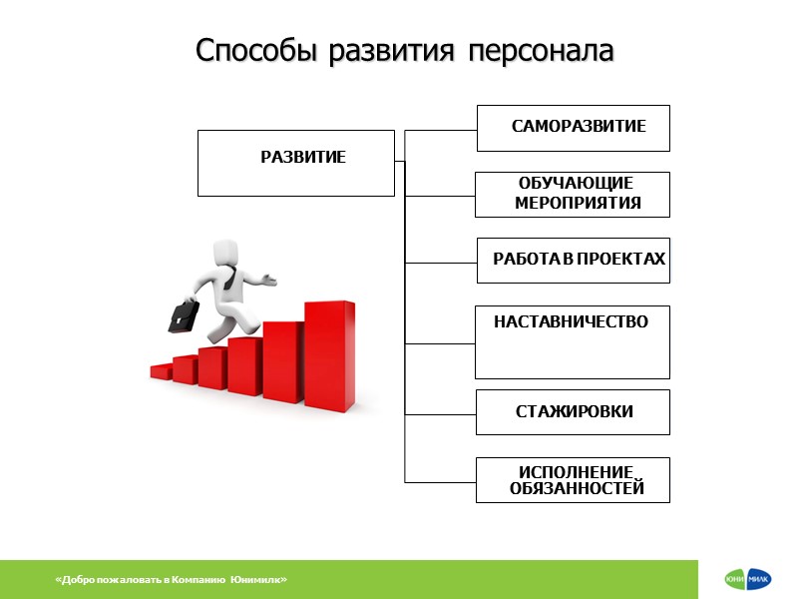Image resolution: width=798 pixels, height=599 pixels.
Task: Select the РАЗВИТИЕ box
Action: (295, 163)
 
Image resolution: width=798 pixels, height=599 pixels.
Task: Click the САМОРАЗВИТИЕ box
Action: (573, 128)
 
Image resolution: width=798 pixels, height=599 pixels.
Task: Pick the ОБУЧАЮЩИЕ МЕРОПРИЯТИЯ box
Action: (573, 194)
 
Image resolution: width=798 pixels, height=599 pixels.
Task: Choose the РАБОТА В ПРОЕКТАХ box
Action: (573, 260)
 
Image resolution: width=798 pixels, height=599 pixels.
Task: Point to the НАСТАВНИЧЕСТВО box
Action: (573, 341)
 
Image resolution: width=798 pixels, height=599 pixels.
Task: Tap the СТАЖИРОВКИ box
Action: (573, 411)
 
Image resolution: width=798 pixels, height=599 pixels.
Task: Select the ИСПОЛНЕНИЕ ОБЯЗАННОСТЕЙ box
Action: (573, 479)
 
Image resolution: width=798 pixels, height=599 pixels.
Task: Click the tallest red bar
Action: (328, 354)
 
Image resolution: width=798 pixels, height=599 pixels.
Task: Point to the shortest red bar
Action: (162, 371)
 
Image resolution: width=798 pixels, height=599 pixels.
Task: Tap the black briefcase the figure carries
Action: (183, 315)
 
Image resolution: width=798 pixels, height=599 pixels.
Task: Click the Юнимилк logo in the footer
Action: (748, 580)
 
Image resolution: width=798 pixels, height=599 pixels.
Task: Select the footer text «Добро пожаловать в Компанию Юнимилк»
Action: (173, 580)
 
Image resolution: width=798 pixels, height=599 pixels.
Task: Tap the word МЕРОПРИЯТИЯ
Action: (578, 204)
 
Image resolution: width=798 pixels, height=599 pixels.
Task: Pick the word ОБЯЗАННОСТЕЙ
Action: (577, 489)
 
